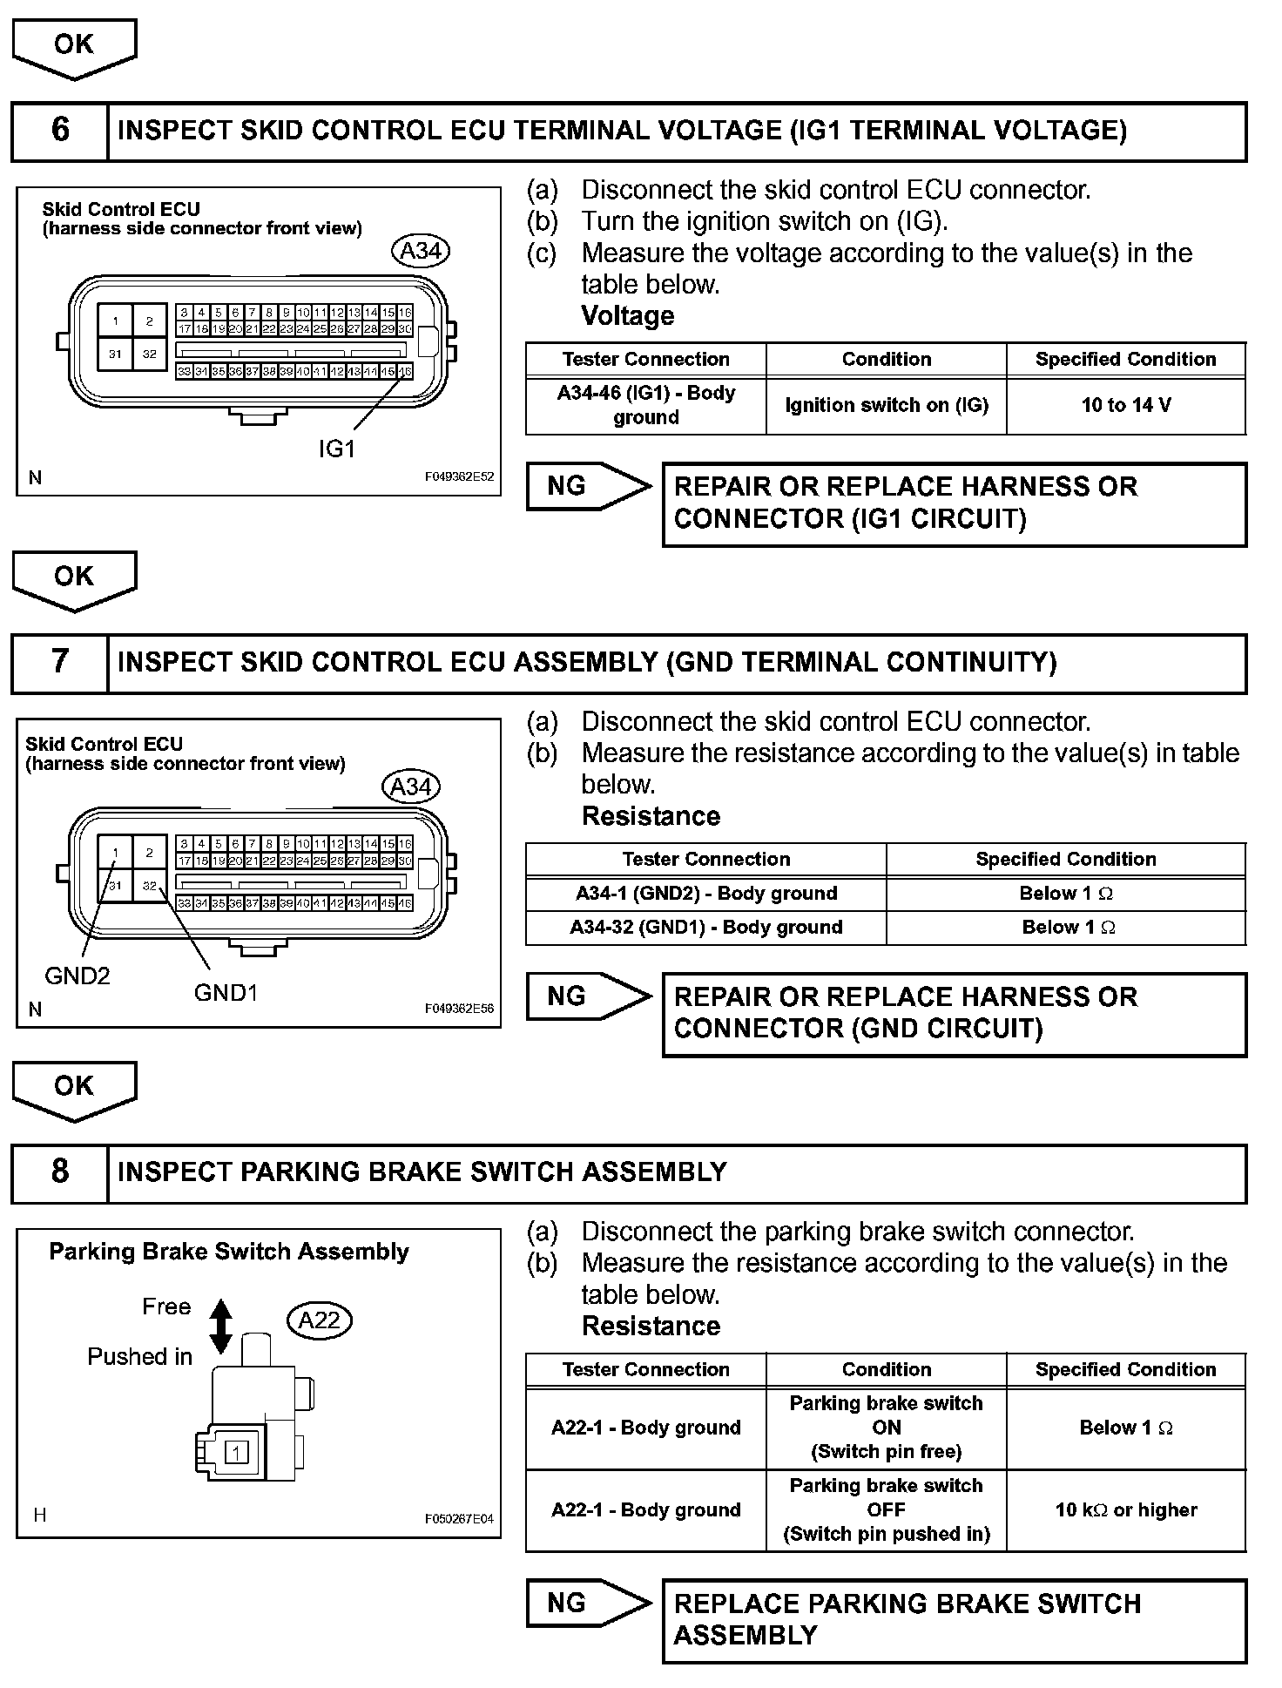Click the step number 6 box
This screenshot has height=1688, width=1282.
59,131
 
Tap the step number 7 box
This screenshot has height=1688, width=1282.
59,662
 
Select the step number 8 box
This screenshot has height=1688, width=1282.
59,1172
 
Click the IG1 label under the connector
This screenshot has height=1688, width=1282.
337,449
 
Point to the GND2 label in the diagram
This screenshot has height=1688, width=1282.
78,976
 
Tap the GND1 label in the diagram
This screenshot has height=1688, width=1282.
226,993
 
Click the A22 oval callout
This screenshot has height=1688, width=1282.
319,1320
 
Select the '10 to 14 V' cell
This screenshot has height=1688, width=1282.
1126,405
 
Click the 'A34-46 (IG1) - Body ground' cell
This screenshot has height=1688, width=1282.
646,405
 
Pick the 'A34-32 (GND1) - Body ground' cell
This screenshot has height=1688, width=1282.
706,928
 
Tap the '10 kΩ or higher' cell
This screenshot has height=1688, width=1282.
1126,1510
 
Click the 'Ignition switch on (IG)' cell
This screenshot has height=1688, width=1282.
887,405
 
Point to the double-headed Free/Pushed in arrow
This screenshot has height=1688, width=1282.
221,1327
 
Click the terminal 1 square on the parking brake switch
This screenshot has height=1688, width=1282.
237,1452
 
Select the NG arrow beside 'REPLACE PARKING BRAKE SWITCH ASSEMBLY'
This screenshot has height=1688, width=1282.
588,1604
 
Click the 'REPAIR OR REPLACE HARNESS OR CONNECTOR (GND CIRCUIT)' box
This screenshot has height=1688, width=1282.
955,1014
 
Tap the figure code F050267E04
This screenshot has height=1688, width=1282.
459,1519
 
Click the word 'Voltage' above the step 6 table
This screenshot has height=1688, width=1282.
628,315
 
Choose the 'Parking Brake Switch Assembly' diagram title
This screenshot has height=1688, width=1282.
229,1252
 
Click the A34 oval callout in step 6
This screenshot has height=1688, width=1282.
421,251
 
